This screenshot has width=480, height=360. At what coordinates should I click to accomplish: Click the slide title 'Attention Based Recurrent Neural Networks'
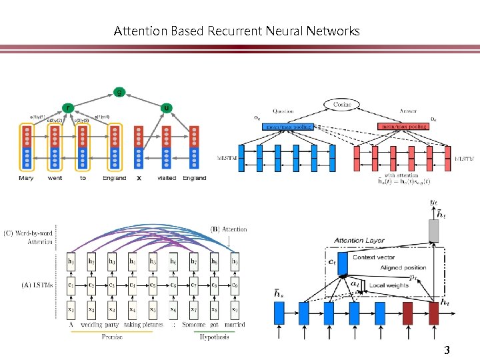pos(237,31)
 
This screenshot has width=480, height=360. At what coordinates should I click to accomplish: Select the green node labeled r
pos(67,107)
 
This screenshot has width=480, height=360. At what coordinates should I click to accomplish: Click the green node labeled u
pos(166,107)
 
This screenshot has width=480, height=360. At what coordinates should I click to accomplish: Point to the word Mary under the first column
pos(26,178)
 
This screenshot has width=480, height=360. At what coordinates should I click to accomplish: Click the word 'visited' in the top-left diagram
pos(167,178)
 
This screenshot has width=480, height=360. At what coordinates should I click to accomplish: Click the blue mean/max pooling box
pos(291,126)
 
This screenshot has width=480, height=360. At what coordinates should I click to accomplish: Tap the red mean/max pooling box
pos(403,126)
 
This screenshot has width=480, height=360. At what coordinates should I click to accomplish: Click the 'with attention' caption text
pos(401,175)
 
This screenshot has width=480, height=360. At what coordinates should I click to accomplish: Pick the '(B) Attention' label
pos(229,229)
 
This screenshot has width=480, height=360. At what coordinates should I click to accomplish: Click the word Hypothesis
pos(214,337)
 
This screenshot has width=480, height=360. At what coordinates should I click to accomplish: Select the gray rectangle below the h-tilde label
pos(433,231)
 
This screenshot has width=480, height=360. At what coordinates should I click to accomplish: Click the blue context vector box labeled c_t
pos(343,263)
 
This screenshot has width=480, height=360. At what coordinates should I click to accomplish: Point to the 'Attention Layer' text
pos(359,240)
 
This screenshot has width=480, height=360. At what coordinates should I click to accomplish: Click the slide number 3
pos(447,350)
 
